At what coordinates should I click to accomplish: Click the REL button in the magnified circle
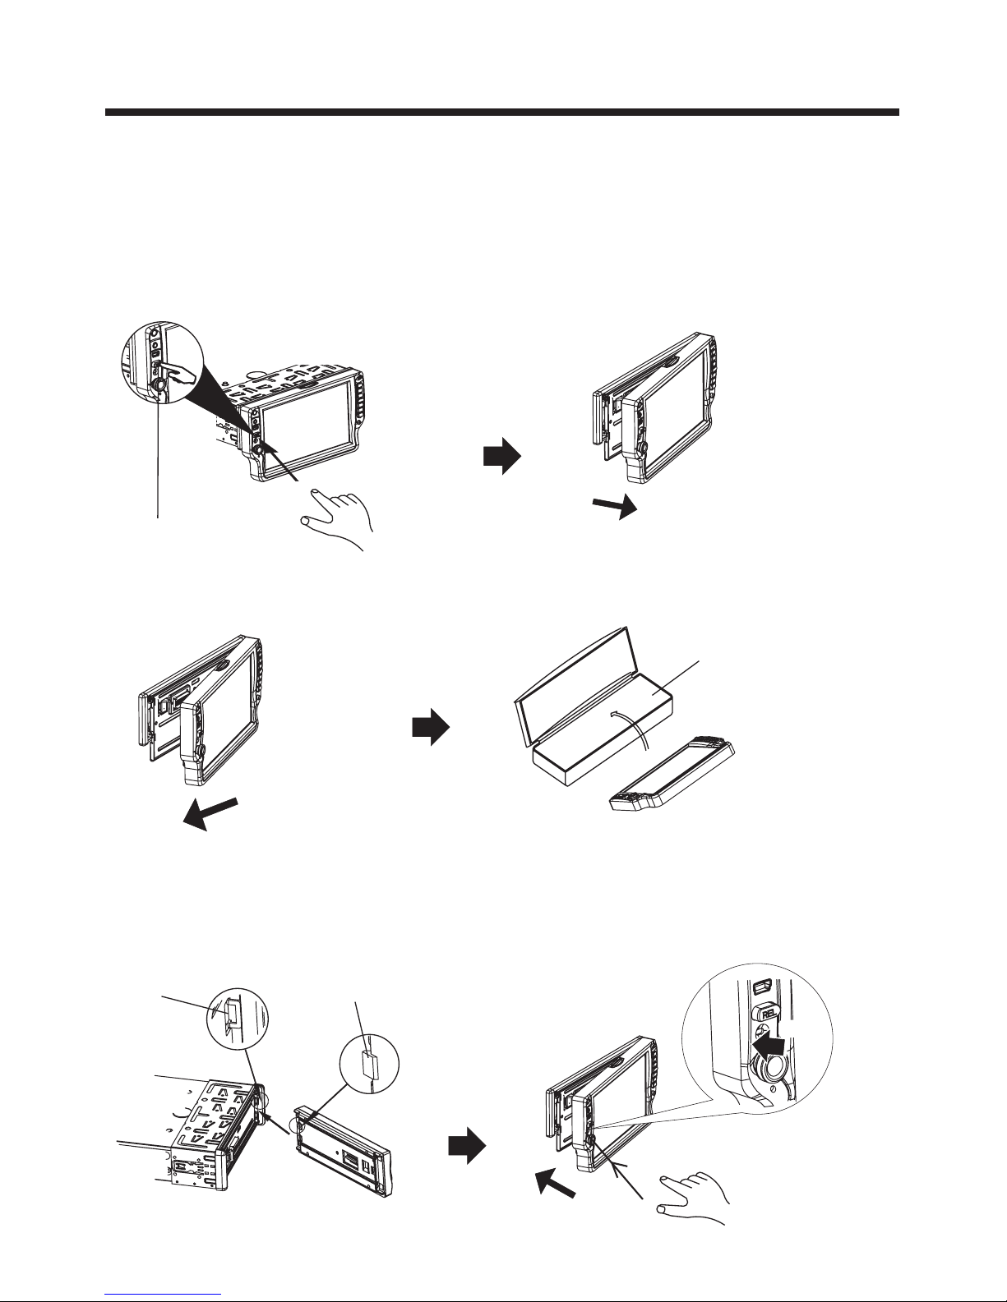(x=768, y=1013)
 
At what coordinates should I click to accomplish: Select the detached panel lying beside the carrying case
(x=672, y=774)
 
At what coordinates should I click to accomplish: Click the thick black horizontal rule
(x=502, y=112)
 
